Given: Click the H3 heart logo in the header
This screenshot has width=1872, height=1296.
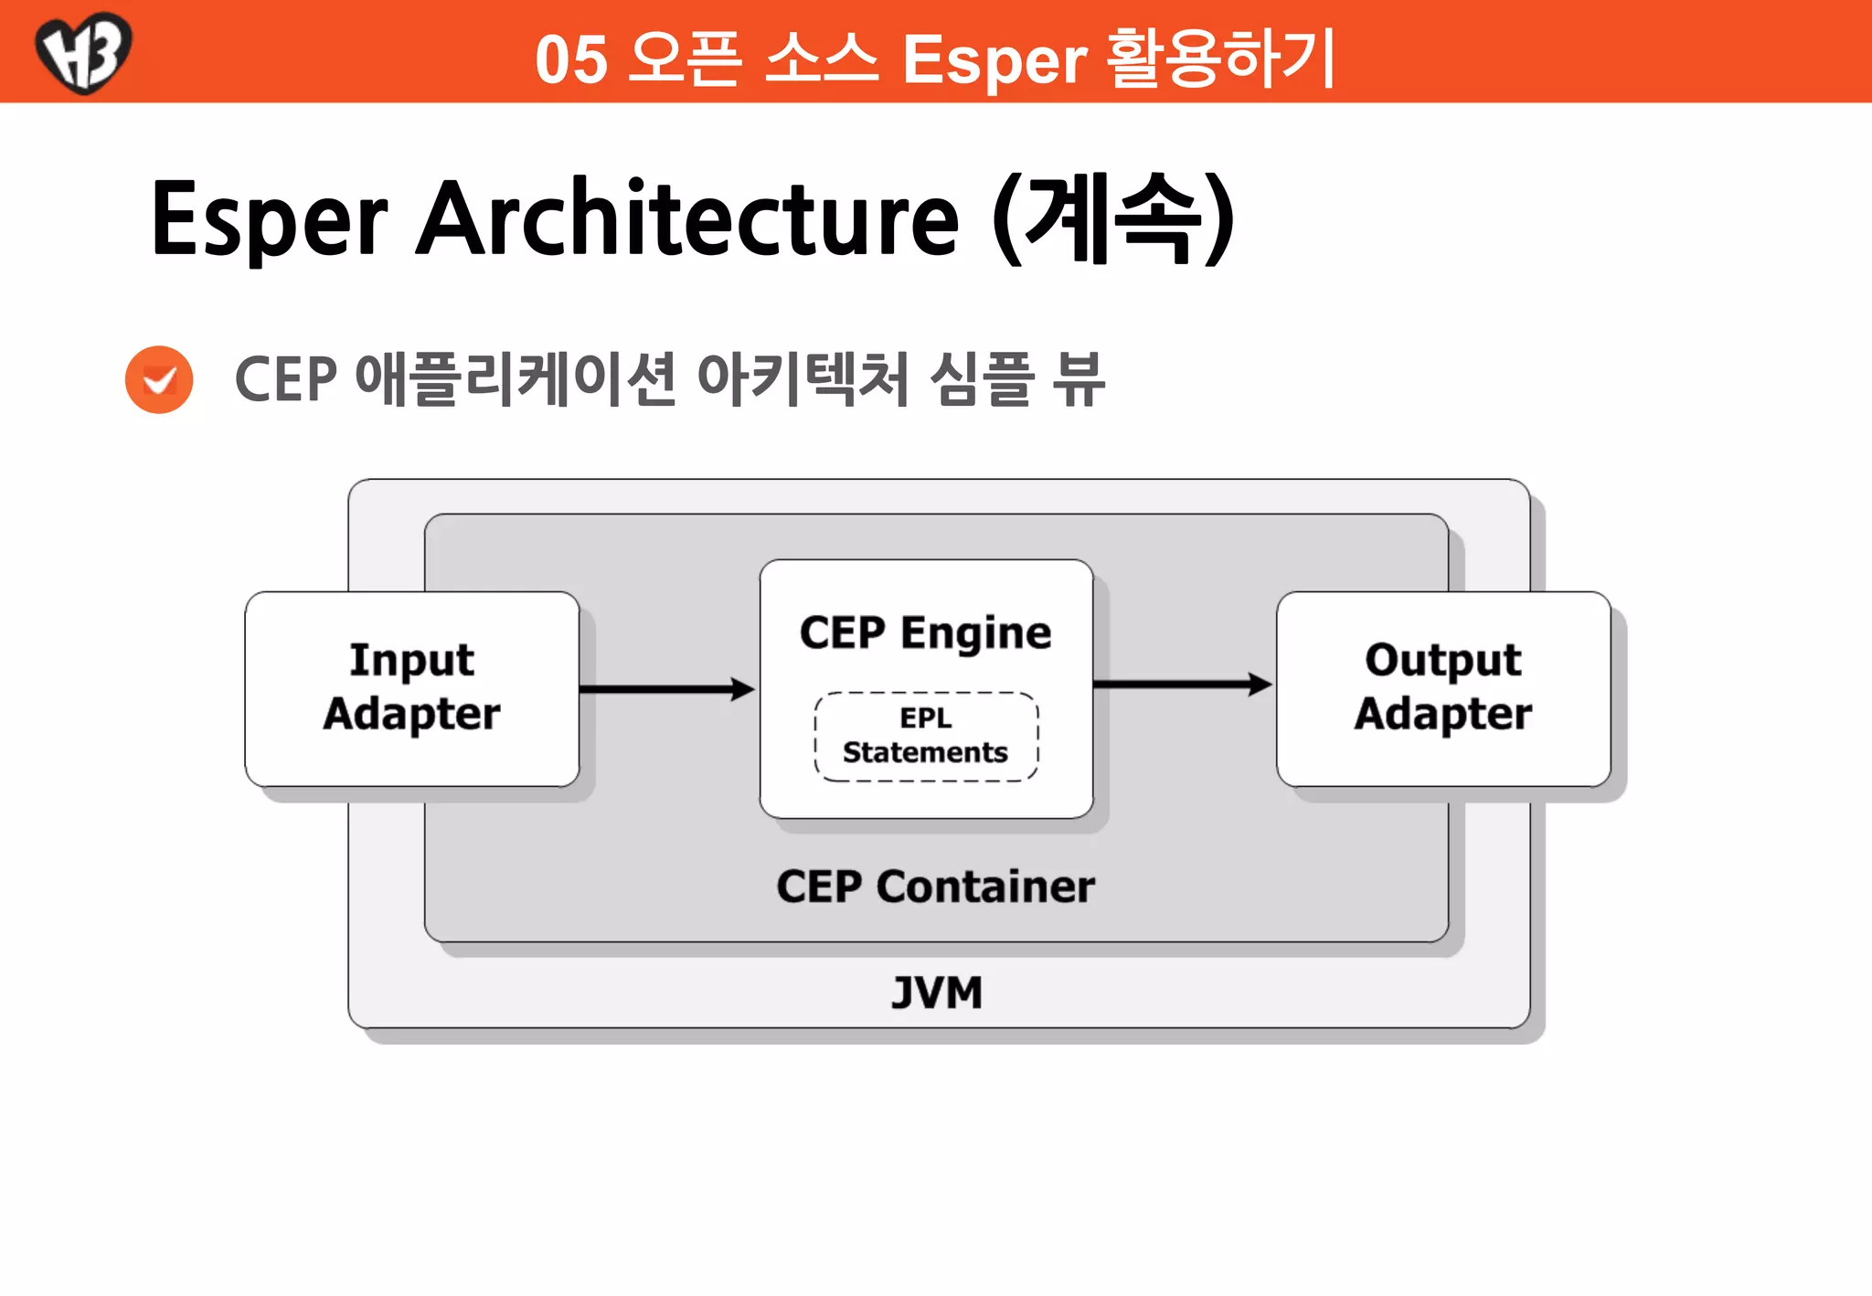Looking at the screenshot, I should pyautogui.click(x=83, y=51).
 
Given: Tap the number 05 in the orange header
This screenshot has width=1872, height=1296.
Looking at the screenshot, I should pyautogui.click(x=571, y=60).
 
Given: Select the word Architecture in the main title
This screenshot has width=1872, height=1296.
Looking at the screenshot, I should pyautogui.click(x=687, y=219).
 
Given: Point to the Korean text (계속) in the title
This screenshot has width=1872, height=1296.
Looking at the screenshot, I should pyautogui.click(x=1114, y=219).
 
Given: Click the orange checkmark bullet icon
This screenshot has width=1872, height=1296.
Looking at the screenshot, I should pyautogui.click(x=159, y=379).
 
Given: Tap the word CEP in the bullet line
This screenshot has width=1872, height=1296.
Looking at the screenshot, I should pyautogui.click(x=286, y=379).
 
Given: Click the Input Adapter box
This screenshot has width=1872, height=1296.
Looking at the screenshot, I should pyautogui.click(x=411, y=688).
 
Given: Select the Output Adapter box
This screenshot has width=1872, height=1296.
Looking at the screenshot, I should pyautogui.click(x=1442, y=688).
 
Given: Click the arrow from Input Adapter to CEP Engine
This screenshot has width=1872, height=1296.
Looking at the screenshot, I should pyautogui.click(x=667, y=689).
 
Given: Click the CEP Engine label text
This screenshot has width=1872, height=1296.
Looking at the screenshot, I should pyautogui.click(x=925, y=632).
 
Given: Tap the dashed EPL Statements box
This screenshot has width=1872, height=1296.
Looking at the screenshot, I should pyautogui.click(x=926, y=736).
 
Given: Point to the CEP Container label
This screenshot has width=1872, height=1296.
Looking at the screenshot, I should pyautogui.click(x=935, y=887).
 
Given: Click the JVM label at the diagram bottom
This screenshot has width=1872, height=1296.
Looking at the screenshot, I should pyautogui.click(x=937, y=993).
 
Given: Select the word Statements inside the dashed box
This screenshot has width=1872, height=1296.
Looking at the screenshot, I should pyautogui.click(x=925, y=752).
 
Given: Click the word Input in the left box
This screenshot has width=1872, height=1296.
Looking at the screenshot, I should pyautogui.click(x=411, y=660).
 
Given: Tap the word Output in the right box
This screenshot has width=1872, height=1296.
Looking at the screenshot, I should pyautogui.click(x=1442, y=660).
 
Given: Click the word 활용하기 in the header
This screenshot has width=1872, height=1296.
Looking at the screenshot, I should pyautogui.click(x=1221, y=58).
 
